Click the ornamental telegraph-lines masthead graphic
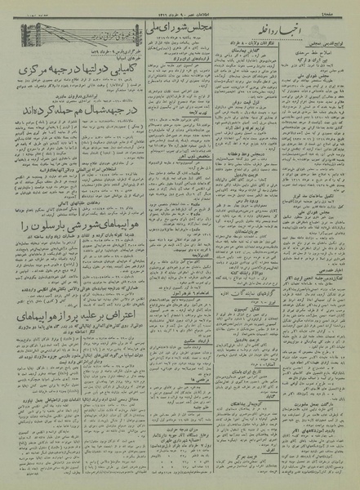[80, 33]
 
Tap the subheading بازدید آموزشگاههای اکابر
[309, 430]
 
